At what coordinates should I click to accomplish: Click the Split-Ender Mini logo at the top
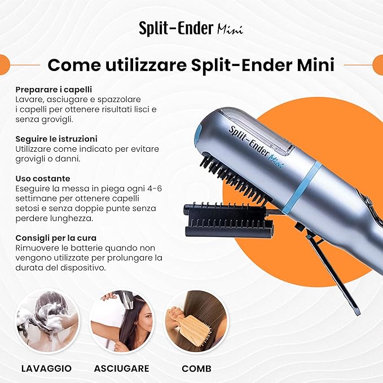(191, 28)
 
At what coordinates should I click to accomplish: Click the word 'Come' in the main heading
(74, 65)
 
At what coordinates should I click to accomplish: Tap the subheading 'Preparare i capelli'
(54, 90)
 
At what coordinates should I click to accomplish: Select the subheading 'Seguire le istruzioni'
(56, 139)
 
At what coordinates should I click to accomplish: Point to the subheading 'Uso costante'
(43, 179)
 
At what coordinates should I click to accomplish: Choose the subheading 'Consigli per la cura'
(56, 238)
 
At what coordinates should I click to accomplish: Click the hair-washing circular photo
(47, 321)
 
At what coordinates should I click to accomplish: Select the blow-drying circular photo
(122, 321)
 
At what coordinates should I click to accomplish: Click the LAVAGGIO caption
(46, 368)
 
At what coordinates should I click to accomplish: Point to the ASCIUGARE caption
(122, 368)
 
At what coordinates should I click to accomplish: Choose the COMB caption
(197, 368)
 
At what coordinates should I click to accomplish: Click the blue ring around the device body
(302, 186)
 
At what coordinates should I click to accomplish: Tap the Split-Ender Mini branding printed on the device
(256, 148)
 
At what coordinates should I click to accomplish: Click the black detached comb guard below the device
(229, 221)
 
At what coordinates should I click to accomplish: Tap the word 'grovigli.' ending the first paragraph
(58, 120)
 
